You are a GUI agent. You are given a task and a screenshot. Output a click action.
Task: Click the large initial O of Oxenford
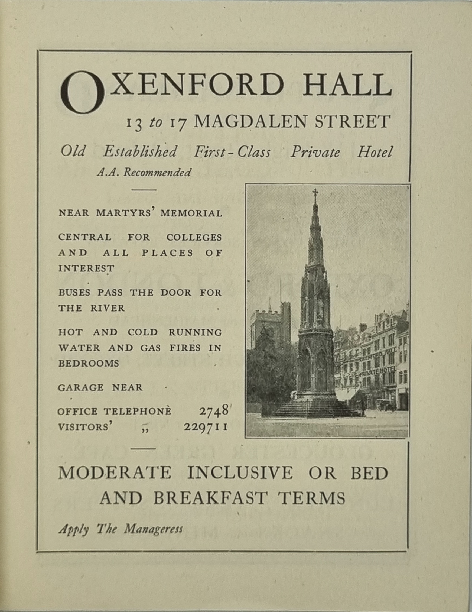[x=82, y=92]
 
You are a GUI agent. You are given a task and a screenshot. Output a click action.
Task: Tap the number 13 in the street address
[x=134, y=124]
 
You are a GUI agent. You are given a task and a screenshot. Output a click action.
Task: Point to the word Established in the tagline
[x=140, y=152]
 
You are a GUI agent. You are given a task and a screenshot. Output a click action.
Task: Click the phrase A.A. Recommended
[x=144, y=172]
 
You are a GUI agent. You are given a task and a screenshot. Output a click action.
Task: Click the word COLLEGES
[x=194, y=237]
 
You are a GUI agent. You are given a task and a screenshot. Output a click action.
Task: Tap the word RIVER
[x=107, y=308]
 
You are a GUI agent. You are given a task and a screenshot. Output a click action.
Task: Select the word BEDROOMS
[x=89, y=364]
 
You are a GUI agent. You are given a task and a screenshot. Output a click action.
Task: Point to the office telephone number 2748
[x=213, y=411]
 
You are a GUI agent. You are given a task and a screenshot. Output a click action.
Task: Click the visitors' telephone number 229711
[x=205, y=427]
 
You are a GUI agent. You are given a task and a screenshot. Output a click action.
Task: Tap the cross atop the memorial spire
[x=315, y=193]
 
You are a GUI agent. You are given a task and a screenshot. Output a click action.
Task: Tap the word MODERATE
[x=115, y=473]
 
